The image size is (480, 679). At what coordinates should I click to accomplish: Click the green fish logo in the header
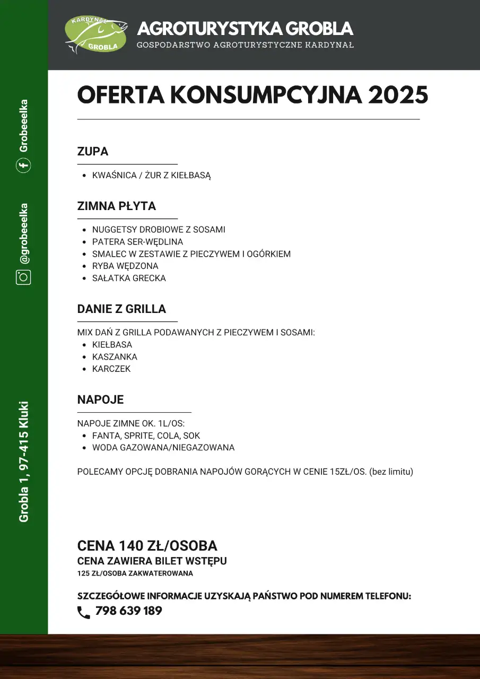96,36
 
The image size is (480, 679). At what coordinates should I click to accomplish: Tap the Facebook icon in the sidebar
23,166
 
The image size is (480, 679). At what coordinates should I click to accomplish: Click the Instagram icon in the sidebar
23,277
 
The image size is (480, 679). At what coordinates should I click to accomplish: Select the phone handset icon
84,613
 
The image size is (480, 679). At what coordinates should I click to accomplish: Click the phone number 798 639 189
128,611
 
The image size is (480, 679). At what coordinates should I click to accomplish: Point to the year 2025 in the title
398,95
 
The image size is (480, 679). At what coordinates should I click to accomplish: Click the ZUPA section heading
93,152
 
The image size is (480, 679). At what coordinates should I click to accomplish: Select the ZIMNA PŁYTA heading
117,206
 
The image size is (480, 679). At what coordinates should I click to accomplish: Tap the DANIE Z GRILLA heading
121,309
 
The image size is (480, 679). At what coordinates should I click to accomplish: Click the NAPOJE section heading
100,400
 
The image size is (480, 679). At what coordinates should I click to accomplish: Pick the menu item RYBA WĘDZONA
125,266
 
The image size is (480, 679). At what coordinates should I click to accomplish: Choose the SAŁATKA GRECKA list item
129,278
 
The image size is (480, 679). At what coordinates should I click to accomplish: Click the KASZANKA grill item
115,357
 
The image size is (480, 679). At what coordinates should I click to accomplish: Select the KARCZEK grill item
111,369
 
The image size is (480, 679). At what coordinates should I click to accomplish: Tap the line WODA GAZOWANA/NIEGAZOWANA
163,448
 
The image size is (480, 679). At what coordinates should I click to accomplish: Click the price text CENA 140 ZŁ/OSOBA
147,546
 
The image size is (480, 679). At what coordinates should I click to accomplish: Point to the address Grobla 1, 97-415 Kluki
24,462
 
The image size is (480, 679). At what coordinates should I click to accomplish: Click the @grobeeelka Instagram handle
24,233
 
